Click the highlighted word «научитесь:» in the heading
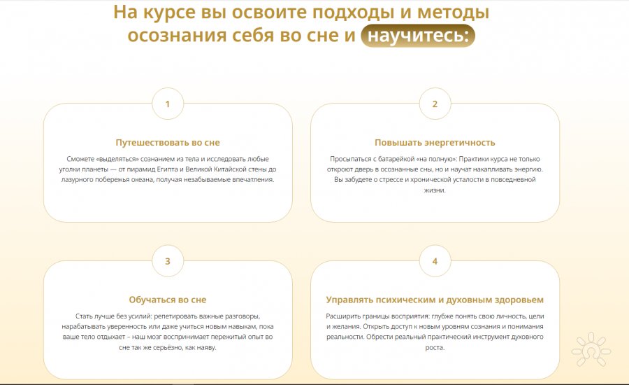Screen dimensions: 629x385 (418, 36)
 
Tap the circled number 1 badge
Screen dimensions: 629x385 (168, 104)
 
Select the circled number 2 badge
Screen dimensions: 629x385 (435, 104)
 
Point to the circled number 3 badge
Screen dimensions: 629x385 (168, 261)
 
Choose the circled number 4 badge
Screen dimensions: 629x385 (435, 261)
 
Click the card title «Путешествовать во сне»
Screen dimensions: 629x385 (168, 142)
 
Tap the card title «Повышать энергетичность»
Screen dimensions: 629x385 (435, 142)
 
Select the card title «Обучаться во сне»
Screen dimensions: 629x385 (168, 300)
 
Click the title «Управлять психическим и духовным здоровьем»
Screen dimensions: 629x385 (435, 300)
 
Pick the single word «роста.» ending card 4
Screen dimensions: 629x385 (435, 347)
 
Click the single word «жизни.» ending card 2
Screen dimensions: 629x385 (435, 190)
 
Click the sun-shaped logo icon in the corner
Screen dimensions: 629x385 (591, 349)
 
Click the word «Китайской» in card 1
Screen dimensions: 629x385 (230, 169)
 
